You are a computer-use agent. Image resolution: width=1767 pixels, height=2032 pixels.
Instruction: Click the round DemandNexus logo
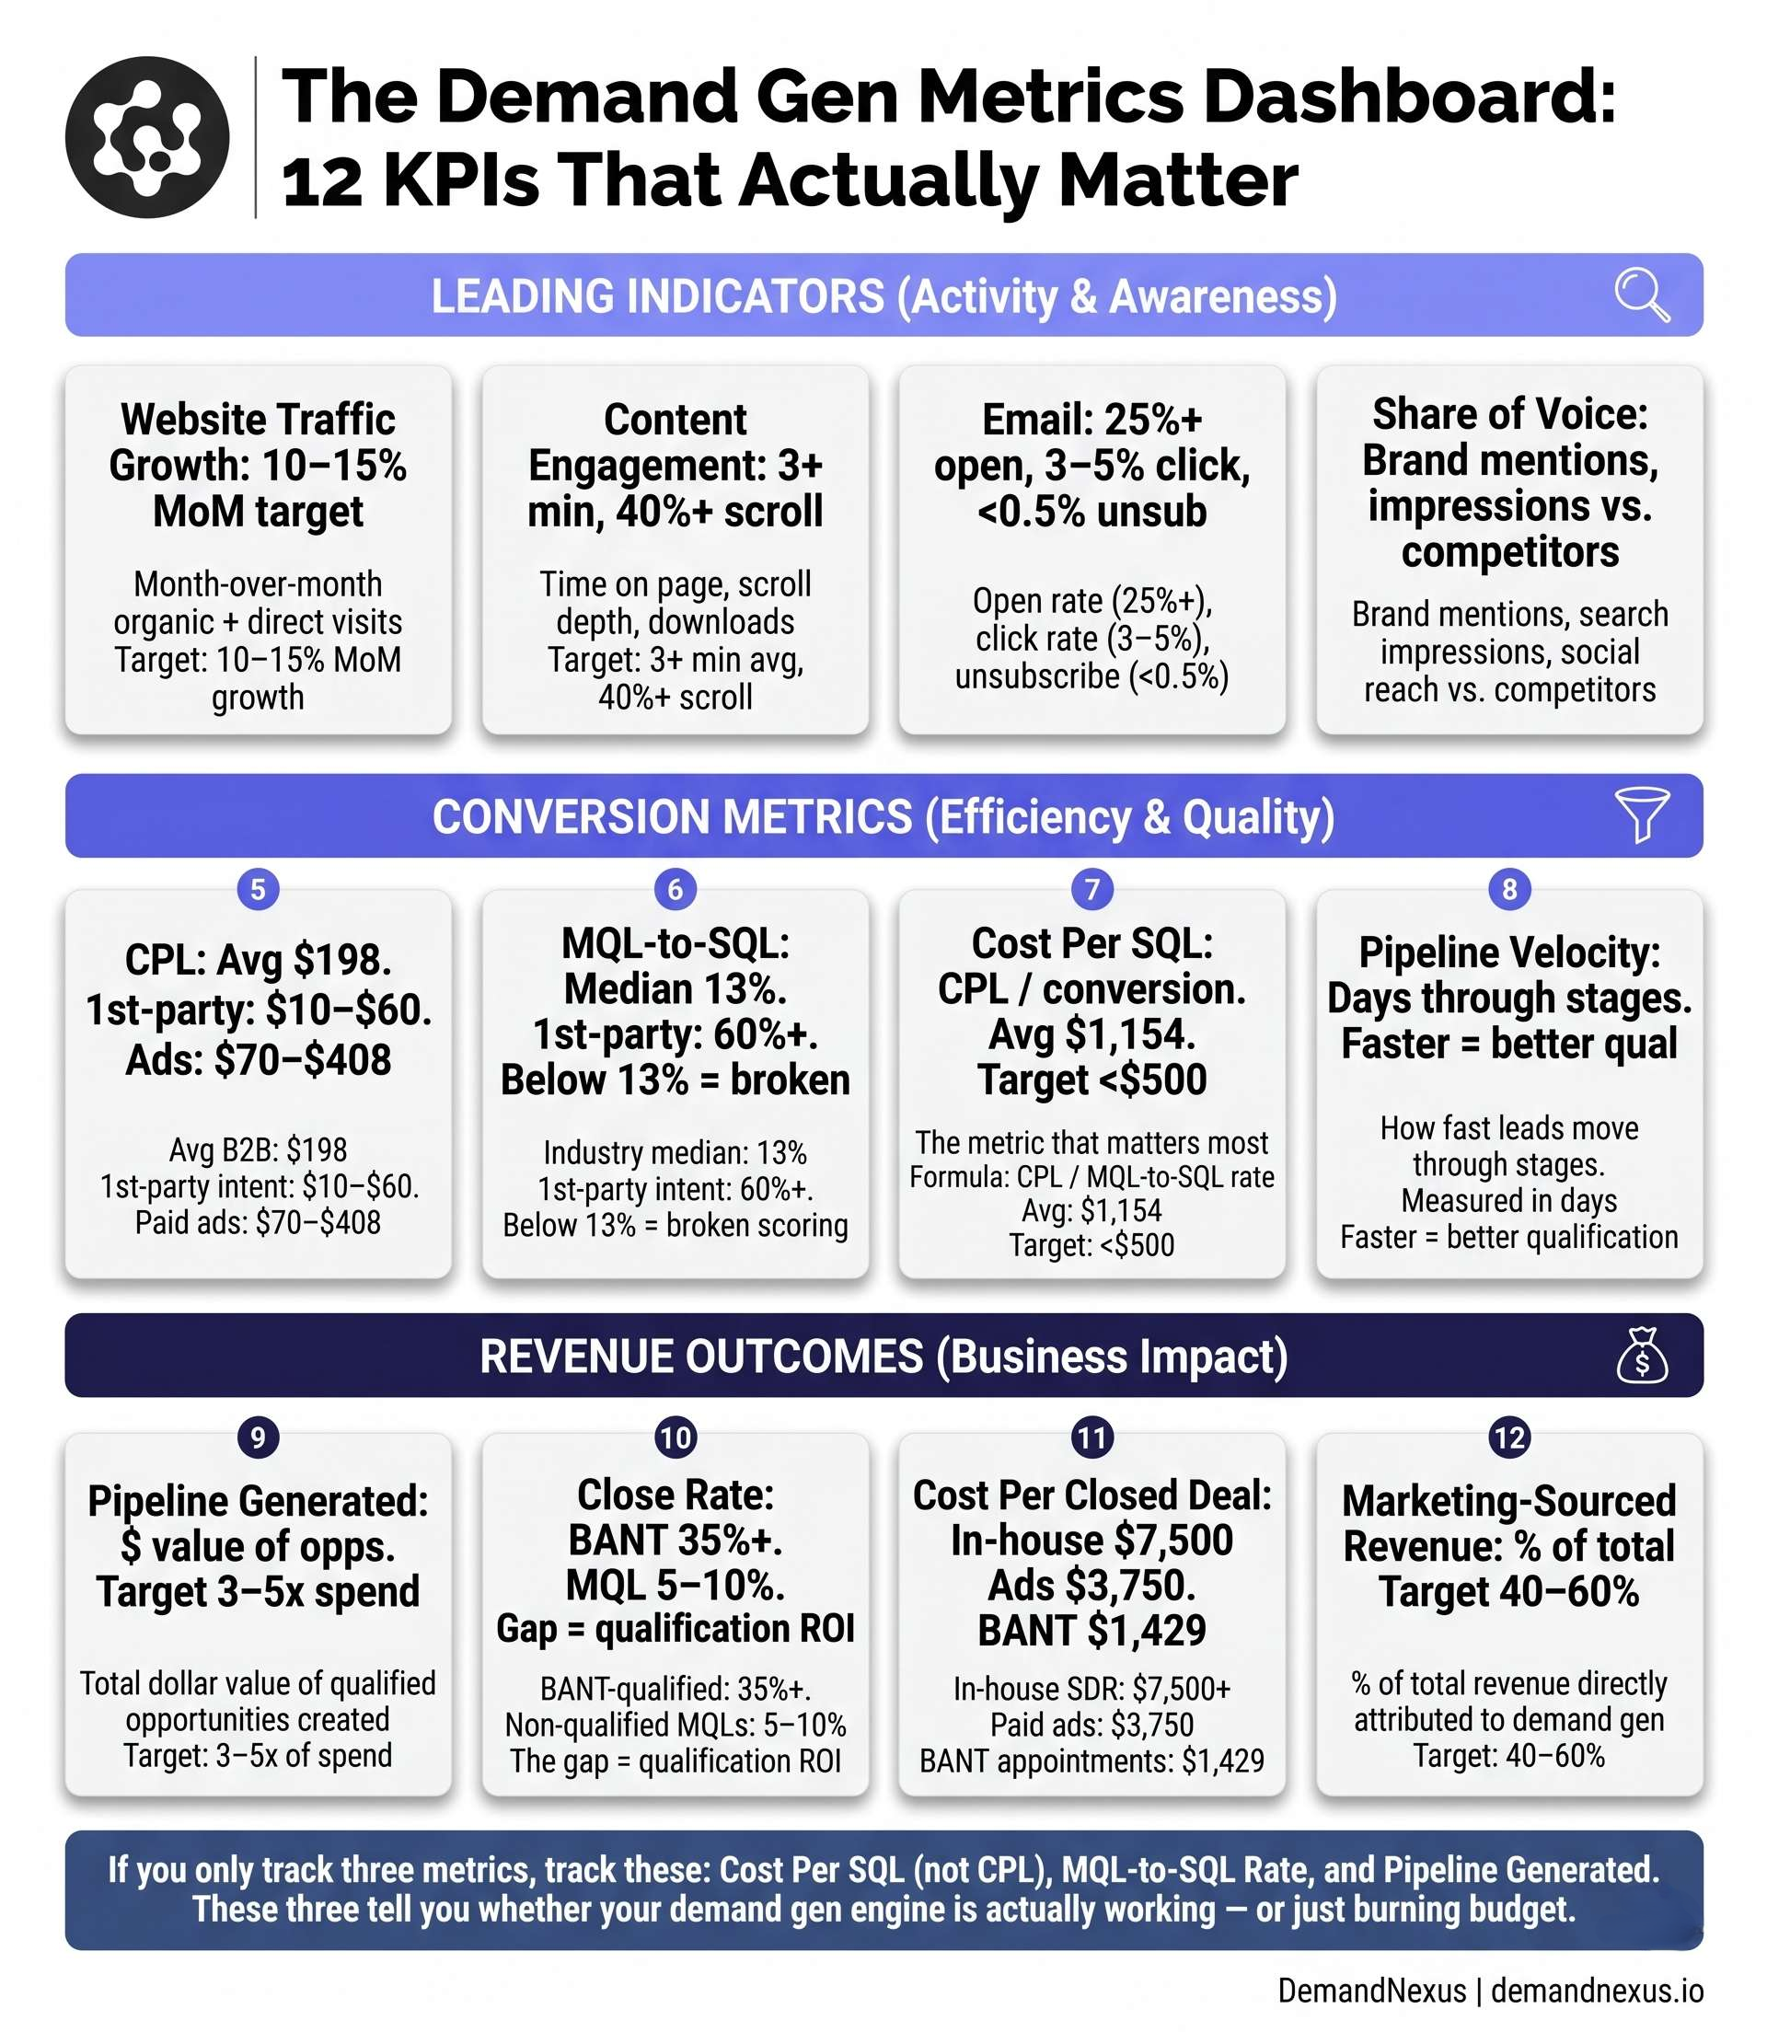[x=147, y=137]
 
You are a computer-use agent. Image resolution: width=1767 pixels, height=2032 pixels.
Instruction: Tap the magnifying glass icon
[x=1641, y=294]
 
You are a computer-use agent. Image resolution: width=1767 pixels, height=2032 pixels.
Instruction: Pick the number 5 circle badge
[x=259, y=889]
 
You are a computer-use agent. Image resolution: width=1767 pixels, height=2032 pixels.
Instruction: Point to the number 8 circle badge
[x=1508, y=889]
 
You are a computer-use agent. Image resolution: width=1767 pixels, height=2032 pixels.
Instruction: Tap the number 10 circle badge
[x=676, y=1437]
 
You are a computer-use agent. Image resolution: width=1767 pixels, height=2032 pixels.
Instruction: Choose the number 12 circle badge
[x=1508, y=1437]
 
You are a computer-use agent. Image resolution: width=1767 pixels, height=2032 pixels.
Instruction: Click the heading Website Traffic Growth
[x=259, y=443]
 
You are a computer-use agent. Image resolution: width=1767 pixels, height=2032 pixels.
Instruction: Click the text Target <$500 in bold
[x=1091, y=1079]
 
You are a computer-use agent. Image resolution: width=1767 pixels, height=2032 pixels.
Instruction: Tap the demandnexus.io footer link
[x=1597, y=1991]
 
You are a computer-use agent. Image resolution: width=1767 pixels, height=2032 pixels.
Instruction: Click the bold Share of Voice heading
[x=1508, y=414]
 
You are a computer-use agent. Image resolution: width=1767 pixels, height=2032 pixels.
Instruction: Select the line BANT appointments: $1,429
[x=1091, y=1761]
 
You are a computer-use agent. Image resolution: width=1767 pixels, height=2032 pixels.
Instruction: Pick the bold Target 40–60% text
[x=1508, y=1591]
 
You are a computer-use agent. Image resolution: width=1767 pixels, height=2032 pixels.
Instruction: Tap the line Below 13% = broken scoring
[x=676, y=1226]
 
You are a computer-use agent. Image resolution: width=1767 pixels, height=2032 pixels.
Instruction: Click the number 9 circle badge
[x=259, y=1437]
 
